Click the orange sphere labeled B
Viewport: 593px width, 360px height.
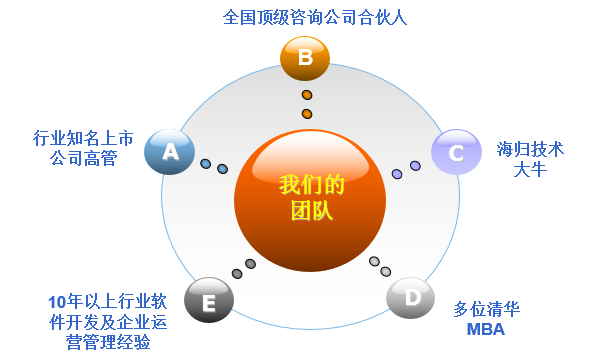(305, 58)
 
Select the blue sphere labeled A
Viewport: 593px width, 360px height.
(168, 152)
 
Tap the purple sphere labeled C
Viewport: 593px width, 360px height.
(455, 152)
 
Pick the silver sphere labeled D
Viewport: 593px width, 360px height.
(410, 298)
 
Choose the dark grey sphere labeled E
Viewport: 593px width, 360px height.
(209, 300)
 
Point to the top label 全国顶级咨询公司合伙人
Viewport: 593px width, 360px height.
(301, 17)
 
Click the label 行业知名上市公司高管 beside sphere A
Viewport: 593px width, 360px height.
(74, 147)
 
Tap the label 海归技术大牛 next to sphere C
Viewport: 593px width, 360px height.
(530, 159)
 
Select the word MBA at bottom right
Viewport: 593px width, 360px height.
(486, 329)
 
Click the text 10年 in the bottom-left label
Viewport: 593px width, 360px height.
(62, 301)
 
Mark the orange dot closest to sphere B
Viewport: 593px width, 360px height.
(306, 96)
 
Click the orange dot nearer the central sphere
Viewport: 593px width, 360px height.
(307, 114)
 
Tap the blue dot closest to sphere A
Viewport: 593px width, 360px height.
(205, 163)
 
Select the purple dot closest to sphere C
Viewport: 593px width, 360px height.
(415, 166)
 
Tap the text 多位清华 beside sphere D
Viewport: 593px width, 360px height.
(486, 309)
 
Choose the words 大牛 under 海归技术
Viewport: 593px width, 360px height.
(530, 170)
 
